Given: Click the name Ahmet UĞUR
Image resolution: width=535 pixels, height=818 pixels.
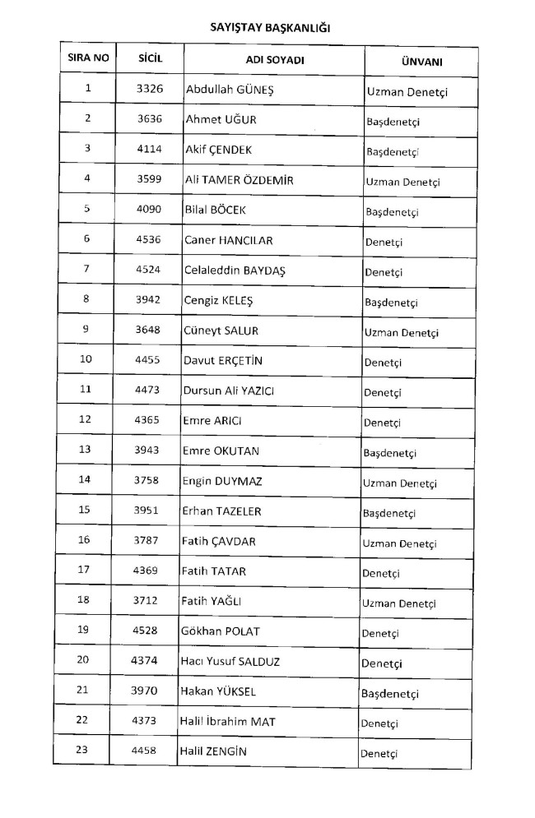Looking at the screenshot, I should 221,119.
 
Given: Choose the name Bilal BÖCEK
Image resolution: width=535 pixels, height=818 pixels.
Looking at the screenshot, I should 216,210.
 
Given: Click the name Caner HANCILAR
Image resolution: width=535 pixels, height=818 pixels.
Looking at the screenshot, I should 228,240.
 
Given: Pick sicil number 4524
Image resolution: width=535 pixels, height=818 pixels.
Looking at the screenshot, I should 148,269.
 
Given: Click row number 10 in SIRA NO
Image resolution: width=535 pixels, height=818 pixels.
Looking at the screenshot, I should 86,359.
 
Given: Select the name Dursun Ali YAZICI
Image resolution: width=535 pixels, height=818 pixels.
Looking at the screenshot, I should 228,391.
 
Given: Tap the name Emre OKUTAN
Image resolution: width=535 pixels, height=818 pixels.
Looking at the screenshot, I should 222,451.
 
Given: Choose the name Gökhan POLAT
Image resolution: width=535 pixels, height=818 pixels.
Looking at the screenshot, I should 219,631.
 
